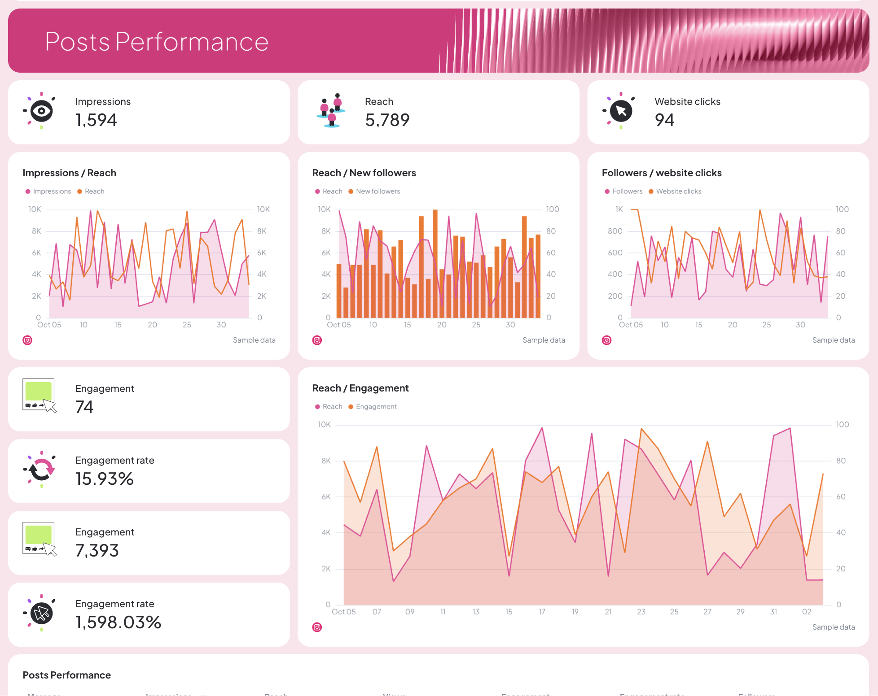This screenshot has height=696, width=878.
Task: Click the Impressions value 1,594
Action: (x=96, y=120)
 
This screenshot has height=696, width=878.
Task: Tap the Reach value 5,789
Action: (x=387, y=120)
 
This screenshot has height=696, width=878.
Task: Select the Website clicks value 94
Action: (x=664, y=120)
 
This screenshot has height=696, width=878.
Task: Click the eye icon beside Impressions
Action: (x=41, y=111)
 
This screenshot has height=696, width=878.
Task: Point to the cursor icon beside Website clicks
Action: (x=621, y=111)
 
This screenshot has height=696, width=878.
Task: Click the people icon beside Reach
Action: (x=331, y=111)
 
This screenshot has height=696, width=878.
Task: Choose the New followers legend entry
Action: (x=378, y=191)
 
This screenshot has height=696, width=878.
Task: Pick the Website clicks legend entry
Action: (x=678, y=191)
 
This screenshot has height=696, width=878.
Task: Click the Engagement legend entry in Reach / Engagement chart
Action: (x=376, y=407)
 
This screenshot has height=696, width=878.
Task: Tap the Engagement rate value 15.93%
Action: (x=105, y=479)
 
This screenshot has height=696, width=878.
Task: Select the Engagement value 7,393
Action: (x=97, y=551)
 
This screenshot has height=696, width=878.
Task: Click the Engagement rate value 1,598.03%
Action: (x=118, y=622)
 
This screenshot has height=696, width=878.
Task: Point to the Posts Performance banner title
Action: (x=157, y=42)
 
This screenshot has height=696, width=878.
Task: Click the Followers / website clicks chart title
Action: (x=662, y=173)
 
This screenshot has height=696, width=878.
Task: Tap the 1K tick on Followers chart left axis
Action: (x=619, y=209)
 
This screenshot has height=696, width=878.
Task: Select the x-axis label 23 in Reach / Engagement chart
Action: (x=641, y=612)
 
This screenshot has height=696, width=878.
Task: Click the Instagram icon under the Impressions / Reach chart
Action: (x=27, y=340)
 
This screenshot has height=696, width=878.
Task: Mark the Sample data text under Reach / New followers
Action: (x=544, y=340)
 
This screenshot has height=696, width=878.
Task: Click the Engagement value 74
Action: (x=84, y=407)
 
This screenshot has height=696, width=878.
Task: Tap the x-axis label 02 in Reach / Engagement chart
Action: (x=807, y=612)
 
